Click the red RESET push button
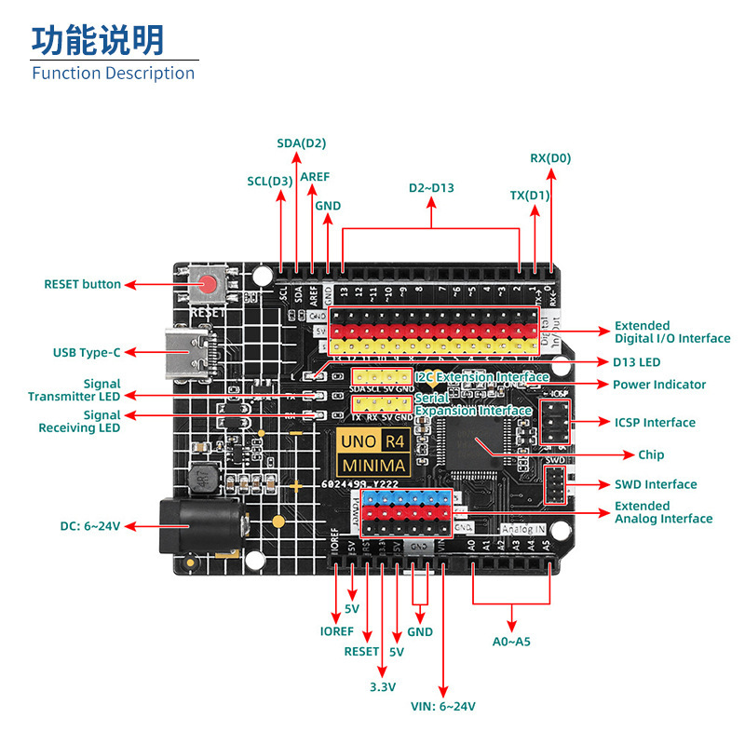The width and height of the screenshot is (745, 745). click(210, 284)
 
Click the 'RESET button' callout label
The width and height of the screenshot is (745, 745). click(83, 284)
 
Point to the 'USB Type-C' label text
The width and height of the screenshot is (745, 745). click(87, 353)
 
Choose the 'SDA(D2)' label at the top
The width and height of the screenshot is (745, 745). click(302, 143)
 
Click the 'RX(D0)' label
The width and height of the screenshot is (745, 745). click(550, 158)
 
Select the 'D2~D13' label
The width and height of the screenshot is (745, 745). click(431, 187)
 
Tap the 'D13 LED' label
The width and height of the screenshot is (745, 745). click(636, 362)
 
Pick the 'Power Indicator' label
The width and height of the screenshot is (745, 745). click(659, 385)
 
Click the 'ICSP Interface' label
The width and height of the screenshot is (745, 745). click(655, 423)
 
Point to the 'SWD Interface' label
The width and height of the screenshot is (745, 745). click(656, 484)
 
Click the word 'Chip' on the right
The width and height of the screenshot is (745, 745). click(652, 454)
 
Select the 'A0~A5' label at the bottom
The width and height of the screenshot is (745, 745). click(511, 641)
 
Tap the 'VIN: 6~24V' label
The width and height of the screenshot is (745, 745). click(443, 706)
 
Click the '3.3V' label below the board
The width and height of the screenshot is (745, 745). click(382, 687)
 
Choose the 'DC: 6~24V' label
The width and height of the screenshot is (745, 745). click(90, 526)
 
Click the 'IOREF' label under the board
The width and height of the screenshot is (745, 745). click(336, 630)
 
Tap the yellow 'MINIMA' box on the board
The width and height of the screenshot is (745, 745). click(373, 465)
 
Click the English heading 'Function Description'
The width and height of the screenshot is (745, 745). click(114, 73)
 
